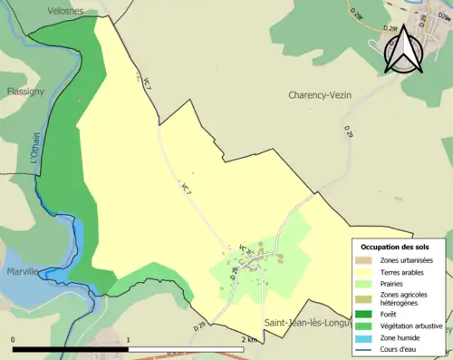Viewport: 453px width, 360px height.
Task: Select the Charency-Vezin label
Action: point(326,95)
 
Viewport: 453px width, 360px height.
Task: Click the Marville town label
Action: point(18,271)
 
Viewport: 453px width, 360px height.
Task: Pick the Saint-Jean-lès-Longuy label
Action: point(306,322)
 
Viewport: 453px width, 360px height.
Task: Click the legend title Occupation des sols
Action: point(395,247)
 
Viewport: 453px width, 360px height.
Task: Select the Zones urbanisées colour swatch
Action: point(366,260)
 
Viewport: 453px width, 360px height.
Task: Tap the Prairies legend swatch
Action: point(366,283)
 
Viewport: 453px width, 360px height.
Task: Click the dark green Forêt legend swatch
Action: point(366,314)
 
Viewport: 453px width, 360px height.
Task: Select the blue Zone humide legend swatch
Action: point(366,337)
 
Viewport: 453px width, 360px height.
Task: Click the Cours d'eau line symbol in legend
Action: point(366,349)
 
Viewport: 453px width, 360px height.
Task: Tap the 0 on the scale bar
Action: point(13,339)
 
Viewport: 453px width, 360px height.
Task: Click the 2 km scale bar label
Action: point(249,339)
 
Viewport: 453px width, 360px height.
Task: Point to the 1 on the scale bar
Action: point(129,339)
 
